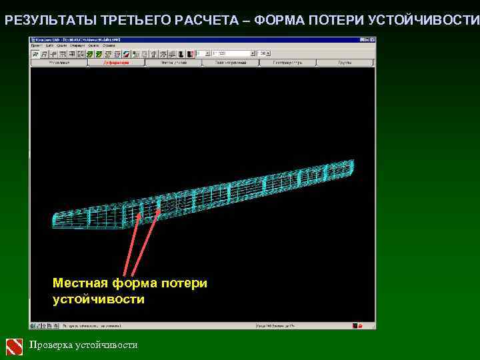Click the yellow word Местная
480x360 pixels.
80,283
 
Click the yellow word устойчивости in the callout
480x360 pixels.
98,299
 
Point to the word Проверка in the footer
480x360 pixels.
51,345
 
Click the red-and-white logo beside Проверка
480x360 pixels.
15,346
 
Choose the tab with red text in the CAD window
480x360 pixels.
116,63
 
